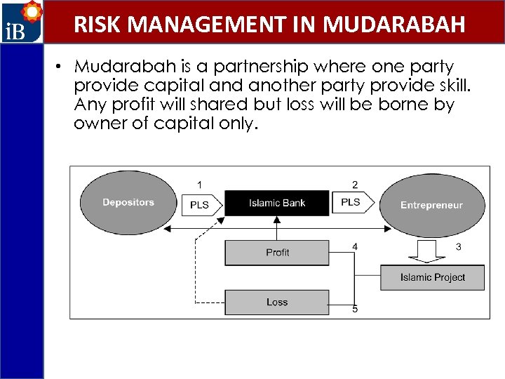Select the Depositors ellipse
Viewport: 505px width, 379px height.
[x=128, y=203]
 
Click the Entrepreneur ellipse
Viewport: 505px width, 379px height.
[x=431, y=205]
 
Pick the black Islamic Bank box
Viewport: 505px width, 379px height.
[x=277, y=204]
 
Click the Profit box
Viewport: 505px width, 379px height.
[x=277, y=253]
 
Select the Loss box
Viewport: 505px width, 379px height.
[x=277, y=302]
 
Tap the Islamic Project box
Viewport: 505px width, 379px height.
[x=432, y=277]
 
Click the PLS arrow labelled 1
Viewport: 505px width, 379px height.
[x=203, y=205]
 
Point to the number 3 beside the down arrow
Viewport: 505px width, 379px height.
[x=459, y=246]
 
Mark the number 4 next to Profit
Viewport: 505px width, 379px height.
[x=355, y=246]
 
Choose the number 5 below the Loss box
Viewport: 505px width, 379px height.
[x=355, y=310]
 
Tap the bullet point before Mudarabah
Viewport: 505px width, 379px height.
[x=62, y=67]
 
